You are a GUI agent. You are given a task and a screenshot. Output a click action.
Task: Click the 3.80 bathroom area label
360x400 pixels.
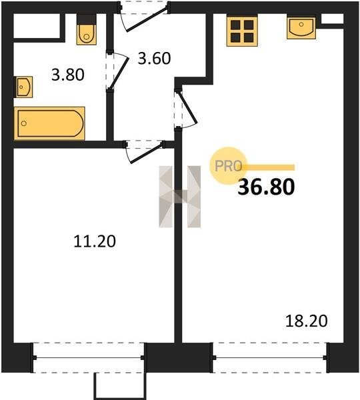click(67, 75)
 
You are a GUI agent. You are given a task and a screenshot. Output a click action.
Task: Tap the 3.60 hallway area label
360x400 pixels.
click(154, 58)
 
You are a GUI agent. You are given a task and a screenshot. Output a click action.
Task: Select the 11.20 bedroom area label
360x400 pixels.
click(95, 241)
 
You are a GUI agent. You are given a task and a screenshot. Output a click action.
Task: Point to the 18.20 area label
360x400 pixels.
click(306, 321)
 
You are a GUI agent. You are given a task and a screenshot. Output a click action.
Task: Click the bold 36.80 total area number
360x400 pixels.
click(266, 187)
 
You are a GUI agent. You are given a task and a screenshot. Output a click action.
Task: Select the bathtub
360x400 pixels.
click(49, 123)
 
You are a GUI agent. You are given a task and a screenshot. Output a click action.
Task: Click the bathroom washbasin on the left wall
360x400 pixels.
click(24, 87)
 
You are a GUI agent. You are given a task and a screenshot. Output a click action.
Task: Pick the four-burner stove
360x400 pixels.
click(242, 31)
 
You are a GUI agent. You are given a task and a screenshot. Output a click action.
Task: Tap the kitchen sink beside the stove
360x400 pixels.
click(301, 27)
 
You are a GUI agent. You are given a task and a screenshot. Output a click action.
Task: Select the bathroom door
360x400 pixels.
click(117, 71)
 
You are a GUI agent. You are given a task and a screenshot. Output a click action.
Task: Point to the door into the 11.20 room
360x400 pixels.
click(145, 152)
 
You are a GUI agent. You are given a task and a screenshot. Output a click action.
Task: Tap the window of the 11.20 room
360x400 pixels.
click(89, 357)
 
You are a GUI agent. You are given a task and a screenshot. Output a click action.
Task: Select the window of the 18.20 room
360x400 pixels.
click(269, 357)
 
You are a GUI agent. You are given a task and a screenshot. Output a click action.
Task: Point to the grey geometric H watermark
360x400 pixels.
click(179, 197)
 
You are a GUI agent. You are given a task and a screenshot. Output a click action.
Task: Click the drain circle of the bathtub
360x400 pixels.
click(24, 123)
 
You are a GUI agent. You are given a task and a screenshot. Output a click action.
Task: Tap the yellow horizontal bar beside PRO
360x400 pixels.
click(268, 167)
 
